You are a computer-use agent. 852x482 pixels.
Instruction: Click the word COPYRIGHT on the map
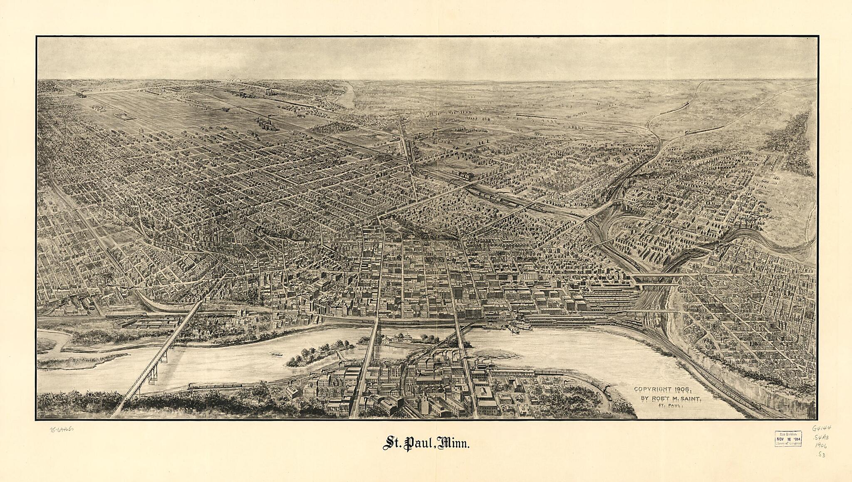tap(654, 389)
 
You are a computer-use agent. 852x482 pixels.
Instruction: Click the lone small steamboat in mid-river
tap(275, 354)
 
